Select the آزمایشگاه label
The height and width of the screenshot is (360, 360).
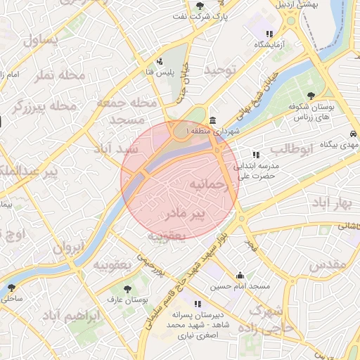coord(269,44)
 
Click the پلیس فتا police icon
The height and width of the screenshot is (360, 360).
coord(161,60)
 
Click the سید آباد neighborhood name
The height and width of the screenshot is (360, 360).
coord(117,150)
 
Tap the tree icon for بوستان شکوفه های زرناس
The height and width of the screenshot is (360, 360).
coord(311,96)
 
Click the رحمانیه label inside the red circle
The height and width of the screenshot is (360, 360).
coord(210,185)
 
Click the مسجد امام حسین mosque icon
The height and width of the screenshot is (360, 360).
coord(240,276)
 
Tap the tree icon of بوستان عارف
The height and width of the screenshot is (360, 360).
coord(127,289)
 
